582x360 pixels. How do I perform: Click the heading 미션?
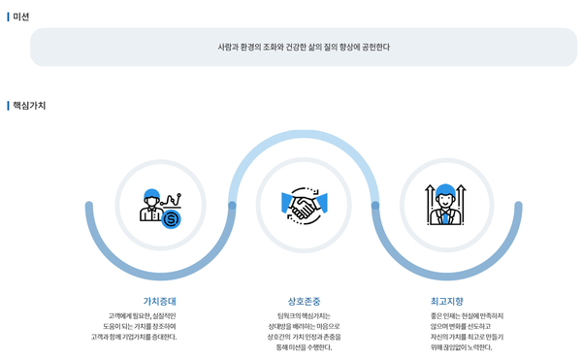(x=20, y=16)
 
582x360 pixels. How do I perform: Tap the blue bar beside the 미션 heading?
(x=8, y=16)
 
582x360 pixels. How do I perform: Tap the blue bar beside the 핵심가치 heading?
(x=8, y=105)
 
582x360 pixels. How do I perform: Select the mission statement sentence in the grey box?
(x=304, y=47)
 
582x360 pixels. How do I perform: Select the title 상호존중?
(x=304, y=301)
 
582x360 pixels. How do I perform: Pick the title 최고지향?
(x=447, y=301)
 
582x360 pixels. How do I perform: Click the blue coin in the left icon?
(x=172, y=218)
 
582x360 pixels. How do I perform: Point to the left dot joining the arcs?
(x=232, y=206)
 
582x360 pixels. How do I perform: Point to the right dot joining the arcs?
(x=375, y=206)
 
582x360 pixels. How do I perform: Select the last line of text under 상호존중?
(x=304, y=347)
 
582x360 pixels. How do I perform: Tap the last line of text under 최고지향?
(x=447, y=347)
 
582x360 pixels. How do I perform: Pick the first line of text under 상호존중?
(x=304, y=316)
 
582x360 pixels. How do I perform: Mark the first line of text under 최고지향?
(x=447, y=316)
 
